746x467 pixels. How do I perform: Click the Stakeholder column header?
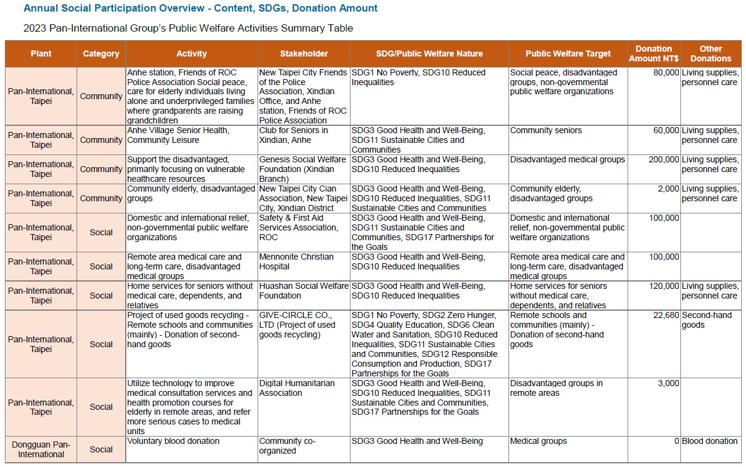pyautogui.click(x=304, y=54)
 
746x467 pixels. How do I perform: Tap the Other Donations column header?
pyautogui.click(x=710, y=54)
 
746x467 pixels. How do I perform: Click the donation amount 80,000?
pyautogui.click(x=666, y=72)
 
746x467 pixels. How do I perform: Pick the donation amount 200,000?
pyautogui.click(x=664, y=160)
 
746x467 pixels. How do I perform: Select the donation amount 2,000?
pyautogui.click(x=668, y=189)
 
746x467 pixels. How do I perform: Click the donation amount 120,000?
pyautogui.click(x=664, y=286)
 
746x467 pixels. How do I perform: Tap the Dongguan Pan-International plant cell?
pyautogui.click(x=41, y=449)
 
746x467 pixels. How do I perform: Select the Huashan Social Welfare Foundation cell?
pyautogui.click(x=304, y=291)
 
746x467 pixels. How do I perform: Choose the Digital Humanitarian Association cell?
pyautogui.click(x=297, y=388)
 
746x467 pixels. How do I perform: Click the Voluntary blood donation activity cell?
pyautogui.click(x=173, y=441)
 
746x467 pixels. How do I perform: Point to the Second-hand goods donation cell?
pyautogui.click(x=707, y=320)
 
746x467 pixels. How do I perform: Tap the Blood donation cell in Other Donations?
pyautogui.click(x=710, y=441)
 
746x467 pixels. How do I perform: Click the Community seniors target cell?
pyautogui.click(x=546, y=131)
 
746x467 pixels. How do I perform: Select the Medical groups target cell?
pyautogui.click(x=538, y=441)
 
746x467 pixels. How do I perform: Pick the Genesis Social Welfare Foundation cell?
pyautogui.click(x=303, y=169)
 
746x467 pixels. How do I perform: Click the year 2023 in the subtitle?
pyautogui.click(x=34, y=28)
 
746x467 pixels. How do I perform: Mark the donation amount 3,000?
pyautogui.click(x=668, y=383)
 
